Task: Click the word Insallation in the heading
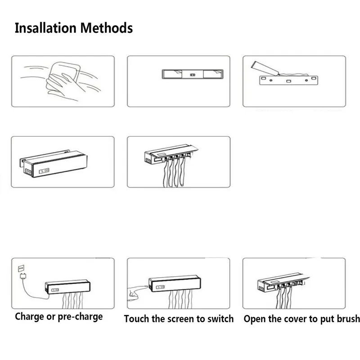pyautogui.click(x=45, y=28)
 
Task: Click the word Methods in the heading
pyautogui.click(x=107, y=28)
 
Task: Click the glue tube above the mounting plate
pyautogui.click(x=265, y=68)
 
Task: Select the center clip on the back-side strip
pyautogui.click(x=193, y=75)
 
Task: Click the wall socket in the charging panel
pyautogui.click(x=21, y=268)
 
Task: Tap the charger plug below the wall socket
pyautogui.click(x=23, y=276)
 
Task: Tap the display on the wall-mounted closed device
pyautogui.click(x=44, y=171)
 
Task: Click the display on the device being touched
pyautogui.click(x=160, y=287)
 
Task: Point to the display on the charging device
pyautogui.click(x=55, y=290)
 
